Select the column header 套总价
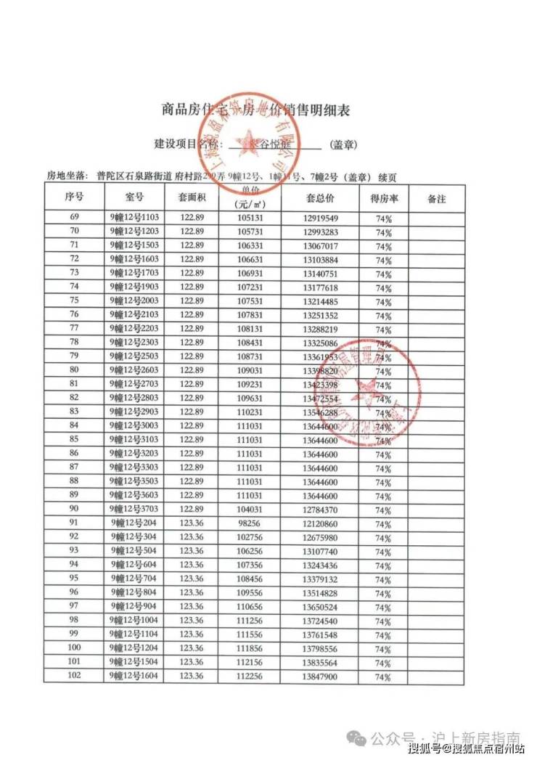(x=320, y=198)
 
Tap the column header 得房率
(x=383, y=198)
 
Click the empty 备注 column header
(x=437, y=198)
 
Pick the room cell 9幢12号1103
(x=134, y=218)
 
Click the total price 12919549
(x=320, y=218)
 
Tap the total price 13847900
(x=320, y=677)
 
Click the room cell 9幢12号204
(x=134, y=523)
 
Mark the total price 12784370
(x=320, y=510)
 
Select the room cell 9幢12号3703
(x=134, y=510)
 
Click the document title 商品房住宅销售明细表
(x=255, y=110)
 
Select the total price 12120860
(x=320, y=523)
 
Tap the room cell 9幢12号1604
(x=134, y=677)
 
